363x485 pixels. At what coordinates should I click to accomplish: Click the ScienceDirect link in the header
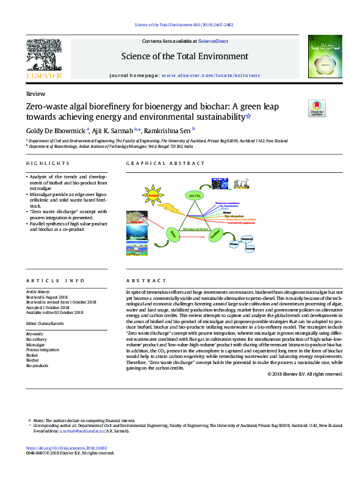[213, 41]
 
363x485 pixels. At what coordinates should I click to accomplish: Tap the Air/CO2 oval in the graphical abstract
[195, 195]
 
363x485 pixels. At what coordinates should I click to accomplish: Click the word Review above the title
[35, 94]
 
